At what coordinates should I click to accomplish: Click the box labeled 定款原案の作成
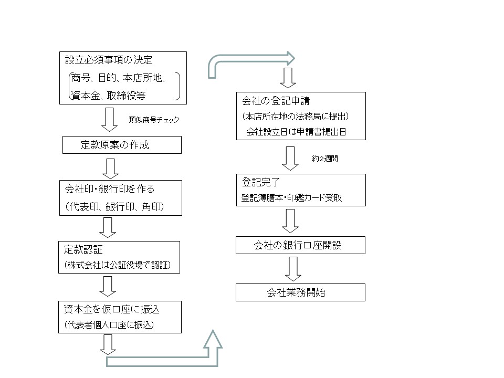click(122, 145)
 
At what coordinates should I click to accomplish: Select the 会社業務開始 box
click(300, 292)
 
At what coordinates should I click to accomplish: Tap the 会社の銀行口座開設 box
click(300, 245)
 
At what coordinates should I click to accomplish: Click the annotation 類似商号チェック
click(154, 120)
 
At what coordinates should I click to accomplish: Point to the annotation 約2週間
click(325, 159)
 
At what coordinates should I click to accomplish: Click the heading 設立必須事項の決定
click(109, 60)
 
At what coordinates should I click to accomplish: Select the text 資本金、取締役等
click(108, 96)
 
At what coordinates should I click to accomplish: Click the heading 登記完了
click(261, 182)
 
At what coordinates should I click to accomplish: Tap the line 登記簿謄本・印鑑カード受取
click(291, 198)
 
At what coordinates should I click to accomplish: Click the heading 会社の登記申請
click(276, 101)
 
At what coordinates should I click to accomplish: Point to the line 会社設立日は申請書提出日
click(296, 132)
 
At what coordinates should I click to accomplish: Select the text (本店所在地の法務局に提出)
click(296, 117)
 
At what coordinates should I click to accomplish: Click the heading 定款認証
click(83, 249)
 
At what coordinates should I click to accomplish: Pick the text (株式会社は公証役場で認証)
click(118, 265)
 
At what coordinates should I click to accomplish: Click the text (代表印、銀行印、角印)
click(115, 207)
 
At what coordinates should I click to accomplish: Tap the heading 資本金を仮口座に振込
click(111, 309)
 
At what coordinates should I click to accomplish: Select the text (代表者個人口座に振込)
click(109, 325)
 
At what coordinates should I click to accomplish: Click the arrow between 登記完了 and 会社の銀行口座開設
click(290, 221)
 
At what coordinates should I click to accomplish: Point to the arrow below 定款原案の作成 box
click(111, 169)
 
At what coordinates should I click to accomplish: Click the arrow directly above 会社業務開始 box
click(293, 269)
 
